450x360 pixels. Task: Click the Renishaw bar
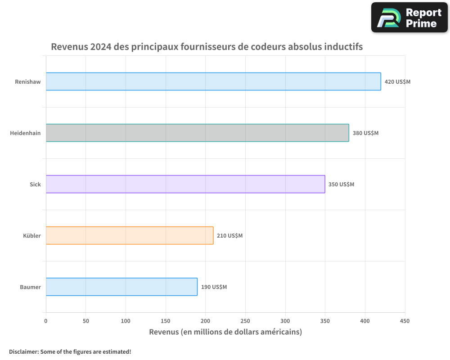coord(213,81)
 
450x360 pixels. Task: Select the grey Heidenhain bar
coord(197,133)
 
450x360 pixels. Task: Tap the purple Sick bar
coord(185,184)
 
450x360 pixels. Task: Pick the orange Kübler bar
coord(129,235)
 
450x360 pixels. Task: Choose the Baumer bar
coord(121,287)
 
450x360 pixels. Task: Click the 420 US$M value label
coord(397,82)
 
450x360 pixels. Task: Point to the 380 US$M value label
coord(365,133)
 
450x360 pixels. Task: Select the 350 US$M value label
coord(341,184)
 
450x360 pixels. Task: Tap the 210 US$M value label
coord(229,236)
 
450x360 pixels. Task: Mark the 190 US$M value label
coord(214,287)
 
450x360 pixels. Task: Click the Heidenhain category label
coord(25,133)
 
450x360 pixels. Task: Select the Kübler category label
coord(32,236)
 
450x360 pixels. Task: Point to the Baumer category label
coord(30,287)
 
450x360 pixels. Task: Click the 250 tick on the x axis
coord(245,321)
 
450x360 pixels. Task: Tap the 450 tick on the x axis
coord(405,321)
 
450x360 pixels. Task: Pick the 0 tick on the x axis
coord(46,321)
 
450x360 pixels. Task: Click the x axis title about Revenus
coord(225,332)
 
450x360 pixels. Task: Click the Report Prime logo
coord(409,18)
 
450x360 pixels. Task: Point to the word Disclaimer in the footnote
coord(23,351)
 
